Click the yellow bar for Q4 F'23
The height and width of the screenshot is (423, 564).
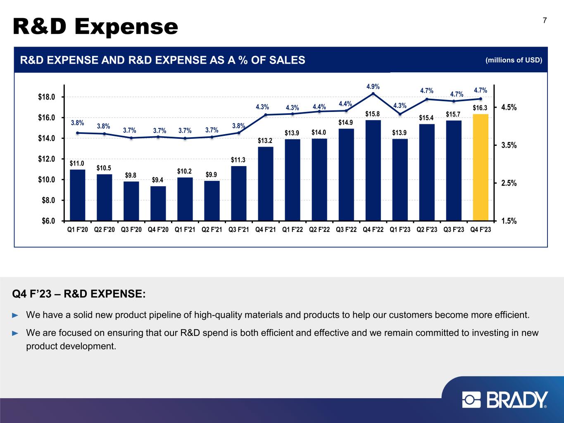point(481,167)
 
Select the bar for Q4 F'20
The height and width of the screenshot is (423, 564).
point(158,203)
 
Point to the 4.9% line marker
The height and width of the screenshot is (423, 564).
point(373,94)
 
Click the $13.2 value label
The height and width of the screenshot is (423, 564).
point(265,140)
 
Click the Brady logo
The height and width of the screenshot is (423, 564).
point(505,400)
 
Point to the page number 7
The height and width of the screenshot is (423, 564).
point(545,21)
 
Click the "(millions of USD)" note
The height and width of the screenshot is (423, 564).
point(514,60)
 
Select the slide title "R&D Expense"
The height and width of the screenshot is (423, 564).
point(96,27)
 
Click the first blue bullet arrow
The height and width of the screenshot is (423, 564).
point(15,316)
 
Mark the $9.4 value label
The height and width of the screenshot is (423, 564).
point(157,180)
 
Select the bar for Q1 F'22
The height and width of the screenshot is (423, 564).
point(292,180)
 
